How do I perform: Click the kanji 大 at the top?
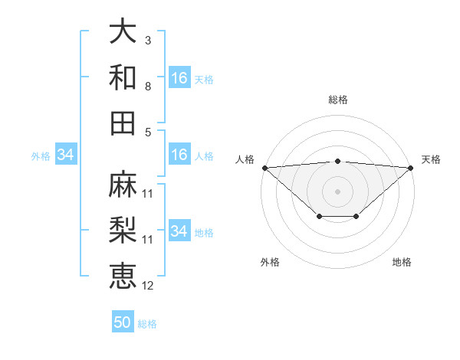click(123, 31)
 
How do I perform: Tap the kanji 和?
click(123, 77)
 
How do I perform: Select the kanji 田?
click(123, 123)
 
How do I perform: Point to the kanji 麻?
click(123, 185)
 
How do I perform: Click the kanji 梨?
click(123, 231)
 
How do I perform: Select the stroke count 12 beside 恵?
click(148, 286)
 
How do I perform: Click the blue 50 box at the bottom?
click(123, 322)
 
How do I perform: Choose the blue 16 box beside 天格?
click(179, 78)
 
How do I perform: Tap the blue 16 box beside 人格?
click(179, 155)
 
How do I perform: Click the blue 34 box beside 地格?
click(179, 231)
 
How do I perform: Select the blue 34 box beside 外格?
click(66, 155)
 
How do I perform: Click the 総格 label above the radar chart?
click(338, 100)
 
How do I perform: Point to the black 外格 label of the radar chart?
click(270, 262)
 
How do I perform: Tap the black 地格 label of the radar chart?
click(402, 262)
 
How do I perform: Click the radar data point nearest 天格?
click(412, 167)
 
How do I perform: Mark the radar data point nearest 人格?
click(264, 167)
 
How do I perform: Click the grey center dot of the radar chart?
click(338, 191)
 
